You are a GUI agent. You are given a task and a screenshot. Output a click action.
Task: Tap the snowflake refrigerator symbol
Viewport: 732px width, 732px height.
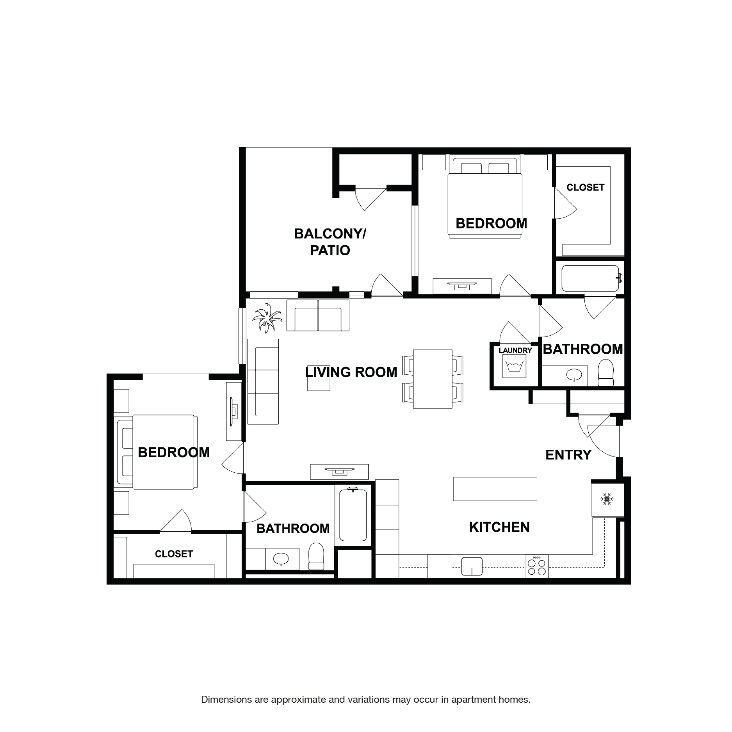(x=607, y=499)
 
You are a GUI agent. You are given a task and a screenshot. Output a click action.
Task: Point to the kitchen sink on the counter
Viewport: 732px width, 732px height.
(x=472, y=566)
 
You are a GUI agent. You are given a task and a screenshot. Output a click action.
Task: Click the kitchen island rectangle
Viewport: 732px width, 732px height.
(x=495, y=489)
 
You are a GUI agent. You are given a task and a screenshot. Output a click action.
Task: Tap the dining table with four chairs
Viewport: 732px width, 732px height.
(x=433, y=379)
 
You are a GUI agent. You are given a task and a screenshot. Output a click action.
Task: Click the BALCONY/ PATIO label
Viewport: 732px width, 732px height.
(x=330, y=242)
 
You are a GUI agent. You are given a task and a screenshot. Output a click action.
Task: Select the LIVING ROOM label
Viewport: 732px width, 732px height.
(x=351, y=372)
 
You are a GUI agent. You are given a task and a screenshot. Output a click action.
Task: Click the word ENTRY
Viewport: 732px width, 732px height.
(x=568, y=455)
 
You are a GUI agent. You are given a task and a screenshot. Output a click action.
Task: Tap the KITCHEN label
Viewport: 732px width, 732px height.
(x=499, y=527)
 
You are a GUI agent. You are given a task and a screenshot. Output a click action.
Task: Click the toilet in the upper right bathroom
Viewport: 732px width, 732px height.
(x=606, y=373)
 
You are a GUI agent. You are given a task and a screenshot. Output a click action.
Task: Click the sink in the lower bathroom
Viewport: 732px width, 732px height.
(x=280, y=559)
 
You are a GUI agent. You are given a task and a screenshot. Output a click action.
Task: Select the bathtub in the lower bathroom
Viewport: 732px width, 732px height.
(x=353, y=515)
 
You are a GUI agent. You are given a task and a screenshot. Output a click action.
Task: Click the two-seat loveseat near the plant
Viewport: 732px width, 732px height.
(x=318, y=315)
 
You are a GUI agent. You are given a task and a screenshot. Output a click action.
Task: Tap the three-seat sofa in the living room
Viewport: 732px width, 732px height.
(x=264, y=381)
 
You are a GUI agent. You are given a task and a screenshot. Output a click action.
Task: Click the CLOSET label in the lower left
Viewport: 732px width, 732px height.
(x=174, y=554)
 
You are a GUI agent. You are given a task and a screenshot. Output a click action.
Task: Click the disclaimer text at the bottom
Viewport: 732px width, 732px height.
(x=365, y=699)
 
